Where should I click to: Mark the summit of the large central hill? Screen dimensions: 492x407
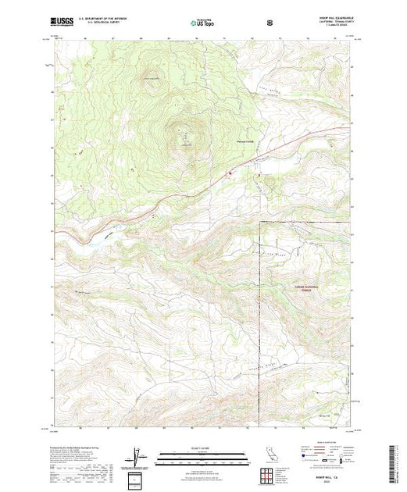pos(185,133)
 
